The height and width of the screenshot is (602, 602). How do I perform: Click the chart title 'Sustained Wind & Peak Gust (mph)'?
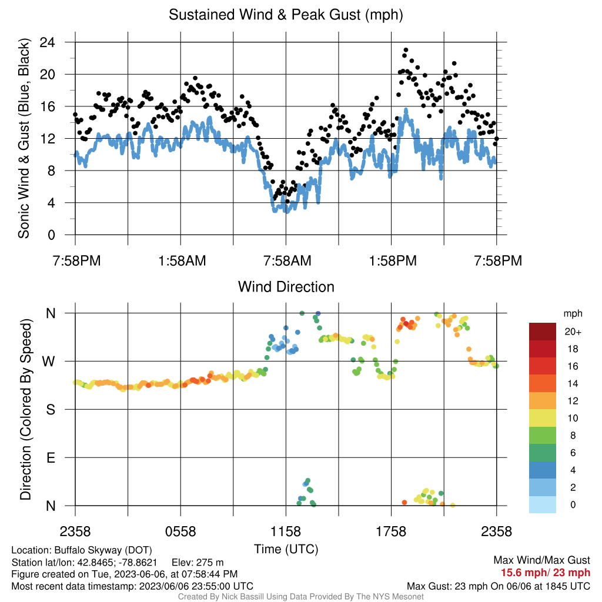coord(286,15)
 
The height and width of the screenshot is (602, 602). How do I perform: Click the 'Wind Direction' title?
coord(286,287)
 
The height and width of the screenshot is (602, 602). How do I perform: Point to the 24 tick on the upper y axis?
coord(47,42)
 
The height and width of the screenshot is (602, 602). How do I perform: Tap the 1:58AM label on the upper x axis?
coord(182,261)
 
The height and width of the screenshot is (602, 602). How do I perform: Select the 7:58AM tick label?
coord(287,261)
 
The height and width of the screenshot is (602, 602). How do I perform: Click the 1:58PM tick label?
coord(393,261)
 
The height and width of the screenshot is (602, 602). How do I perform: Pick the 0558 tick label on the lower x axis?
coord(180,531)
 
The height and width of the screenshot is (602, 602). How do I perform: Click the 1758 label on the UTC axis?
coord(391,531)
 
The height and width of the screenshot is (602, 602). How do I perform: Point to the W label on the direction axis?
coord(48,362)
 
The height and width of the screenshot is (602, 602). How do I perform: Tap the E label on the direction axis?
coord(51,457)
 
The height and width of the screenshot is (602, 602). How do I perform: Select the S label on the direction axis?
coord(51,410)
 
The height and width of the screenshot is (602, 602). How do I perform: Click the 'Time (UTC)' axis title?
coord(286,549)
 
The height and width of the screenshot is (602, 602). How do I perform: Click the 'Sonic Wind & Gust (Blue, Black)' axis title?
coord(24,138)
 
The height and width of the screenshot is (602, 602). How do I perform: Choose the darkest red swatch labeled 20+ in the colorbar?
coord(542,332)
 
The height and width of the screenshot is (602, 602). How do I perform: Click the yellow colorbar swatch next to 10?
coord(542,418)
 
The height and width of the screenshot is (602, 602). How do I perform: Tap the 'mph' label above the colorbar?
coord(573,314)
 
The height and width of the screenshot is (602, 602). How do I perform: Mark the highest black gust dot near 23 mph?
coord(406,50)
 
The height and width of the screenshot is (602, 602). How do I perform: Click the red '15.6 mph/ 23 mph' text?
coord(545,573)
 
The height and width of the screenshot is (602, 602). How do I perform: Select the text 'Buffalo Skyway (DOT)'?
coord(103,550)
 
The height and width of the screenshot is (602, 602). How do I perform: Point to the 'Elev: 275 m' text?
coord(198,563)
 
